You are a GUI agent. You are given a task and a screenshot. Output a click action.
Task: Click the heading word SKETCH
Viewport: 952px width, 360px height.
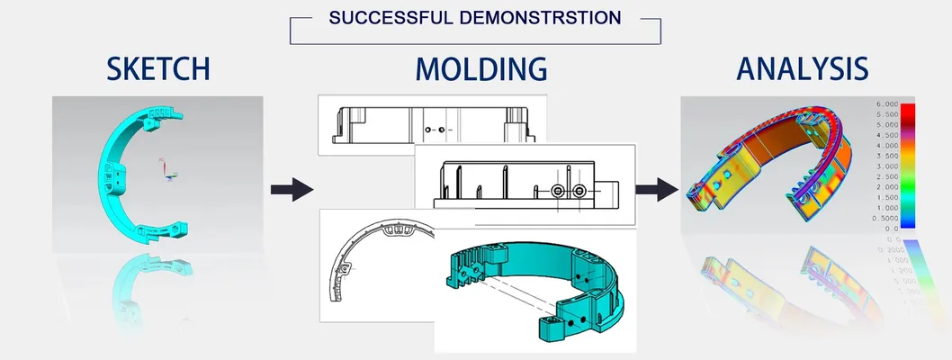click(x=157, y=69)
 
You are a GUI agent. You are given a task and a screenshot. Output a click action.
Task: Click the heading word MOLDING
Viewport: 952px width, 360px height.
click(x=480, y=69)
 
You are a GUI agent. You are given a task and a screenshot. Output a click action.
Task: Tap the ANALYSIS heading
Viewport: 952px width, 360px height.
click(x=803, y=69)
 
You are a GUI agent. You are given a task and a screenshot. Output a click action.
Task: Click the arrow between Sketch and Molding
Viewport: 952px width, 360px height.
click(x=292, y=189)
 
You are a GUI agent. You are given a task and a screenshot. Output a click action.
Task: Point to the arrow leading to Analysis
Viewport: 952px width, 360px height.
click(x=656, y=189)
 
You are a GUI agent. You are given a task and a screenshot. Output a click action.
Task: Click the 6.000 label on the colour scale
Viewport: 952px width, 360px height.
click(x=886, y=105)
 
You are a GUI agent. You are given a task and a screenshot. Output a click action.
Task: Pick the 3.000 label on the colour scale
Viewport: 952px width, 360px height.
click(x=886, y=166)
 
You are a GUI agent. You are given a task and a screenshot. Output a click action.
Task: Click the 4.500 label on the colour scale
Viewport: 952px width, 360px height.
click(x=886, y=136)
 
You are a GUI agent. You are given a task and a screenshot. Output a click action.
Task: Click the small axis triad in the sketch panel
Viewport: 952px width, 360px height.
click(x=166, y=171)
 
